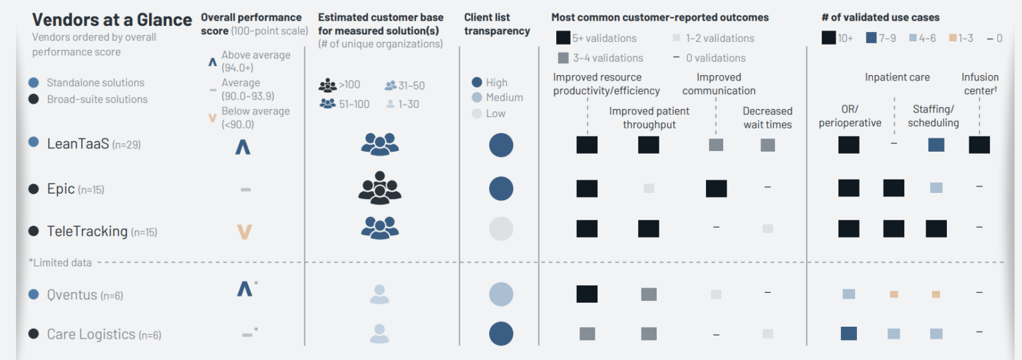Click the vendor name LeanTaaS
tap(78, 143)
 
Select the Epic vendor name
tap(61, 189)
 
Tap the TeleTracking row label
tap(87, 232)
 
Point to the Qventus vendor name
tap(72, 295)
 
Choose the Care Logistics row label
tap(91, 334)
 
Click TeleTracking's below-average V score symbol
tap(245, 232)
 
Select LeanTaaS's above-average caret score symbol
tap(243, 146)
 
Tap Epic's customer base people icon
tap(379, 188)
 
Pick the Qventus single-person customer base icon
tap(379, 294)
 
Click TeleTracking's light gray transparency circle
tap(501, 229)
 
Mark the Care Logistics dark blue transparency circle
tap(501, 334)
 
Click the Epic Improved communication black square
tap(716, 188)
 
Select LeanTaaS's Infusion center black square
tap(979, 144)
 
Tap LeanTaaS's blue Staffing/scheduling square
tap(936, 144)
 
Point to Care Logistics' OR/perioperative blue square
tap(848, 333)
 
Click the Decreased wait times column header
tap(767, 118)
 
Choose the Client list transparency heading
tap(496, 24)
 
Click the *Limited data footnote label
tap(60, 263)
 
